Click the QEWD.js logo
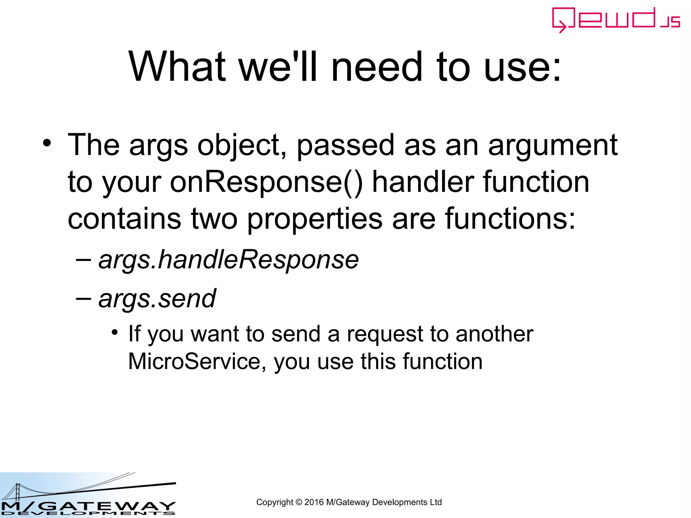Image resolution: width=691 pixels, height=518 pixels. coord(615,20)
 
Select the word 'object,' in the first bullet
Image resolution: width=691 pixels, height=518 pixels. coord(242,146)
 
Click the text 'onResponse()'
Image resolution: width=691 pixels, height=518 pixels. coord(266,182)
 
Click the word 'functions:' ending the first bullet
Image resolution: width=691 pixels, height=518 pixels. coord(510,219)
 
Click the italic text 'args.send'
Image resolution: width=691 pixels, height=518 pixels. coord(157,299)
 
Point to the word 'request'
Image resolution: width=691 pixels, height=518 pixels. coord(384,334)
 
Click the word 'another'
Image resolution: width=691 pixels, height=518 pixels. coord(494,334)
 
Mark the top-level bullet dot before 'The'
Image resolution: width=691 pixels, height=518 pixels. coord(47,143)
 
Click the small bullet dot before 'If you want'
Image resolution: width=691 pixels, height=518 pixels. coord(115,332)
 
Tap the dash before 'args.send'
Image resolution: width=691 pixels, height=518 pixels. coord(83,298)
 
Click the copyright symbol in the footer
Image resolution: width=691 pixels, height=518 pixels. coord(299,502)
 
